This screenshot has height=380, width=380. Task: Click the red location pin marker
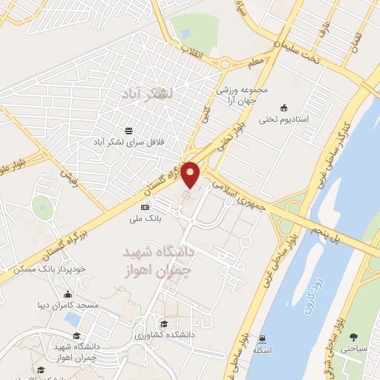click(x=191, y=173)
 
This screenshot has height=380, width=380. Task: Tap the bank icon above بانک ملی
click(x=145, y=207)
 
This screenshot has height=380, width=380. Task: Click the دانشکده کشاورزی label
click(x=171, y=335)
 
